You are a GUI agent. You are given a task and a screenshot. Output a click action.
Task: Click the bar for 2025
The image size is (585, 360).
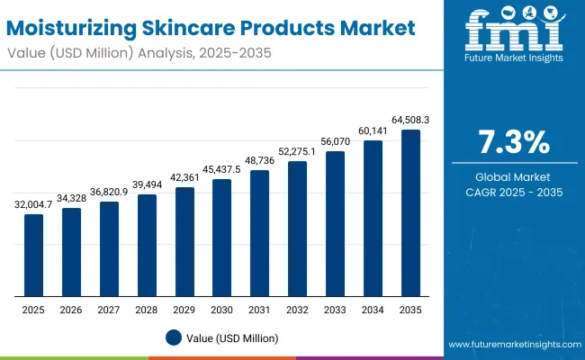[33, 256]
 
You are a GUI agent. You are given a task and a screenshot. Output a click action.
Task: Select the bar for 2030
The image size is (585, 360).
[221, 238]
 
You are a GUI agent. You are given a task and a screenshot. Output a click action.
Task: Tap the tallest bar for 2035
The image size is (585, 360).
[410, 213]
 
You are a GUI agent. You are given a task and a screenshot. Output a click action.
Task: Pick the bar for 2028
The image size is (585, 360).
[146, 246]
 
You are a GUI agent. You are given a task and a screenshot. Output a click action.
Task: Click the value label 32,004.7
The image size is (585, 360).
[33, 206]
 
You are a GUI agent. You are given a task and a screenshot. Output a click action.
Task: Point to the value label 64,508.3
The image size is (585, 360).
[410, 120]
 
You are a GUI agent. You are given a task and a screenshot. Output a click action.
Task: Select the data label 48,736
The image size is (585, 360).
[259, 162]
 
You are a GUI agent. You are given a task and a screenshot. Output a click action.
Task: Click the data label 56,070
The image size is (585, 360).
[335, 143]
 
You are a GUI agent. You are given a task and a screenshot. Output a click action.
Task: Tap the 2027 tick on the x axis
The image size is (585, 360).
[109, 310]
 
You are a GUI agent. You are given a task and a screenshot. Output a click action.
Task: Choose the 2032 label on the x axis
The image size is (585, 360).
[297, 310]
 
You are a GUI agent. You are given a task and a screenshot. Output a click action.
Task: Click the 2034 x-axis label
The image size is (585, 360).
[373, 310]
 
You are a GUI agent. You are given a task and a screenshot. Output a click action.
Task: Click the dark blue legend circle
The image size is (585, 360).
[174, 337]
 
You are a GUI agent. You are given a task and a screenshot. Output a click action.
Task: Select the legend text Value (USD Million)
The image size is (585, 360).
[232, 337]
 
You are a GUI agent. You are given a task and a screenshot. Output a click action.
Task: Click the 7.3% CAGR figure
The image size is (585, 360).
[511, 143]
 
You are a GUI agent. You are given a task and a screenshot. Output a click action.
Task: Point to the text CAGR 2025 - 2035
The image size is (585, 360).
[511, 193]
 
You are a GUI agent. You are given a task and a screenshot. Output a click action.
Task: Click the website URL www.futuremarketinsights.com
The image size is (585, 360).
[510, 345]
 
